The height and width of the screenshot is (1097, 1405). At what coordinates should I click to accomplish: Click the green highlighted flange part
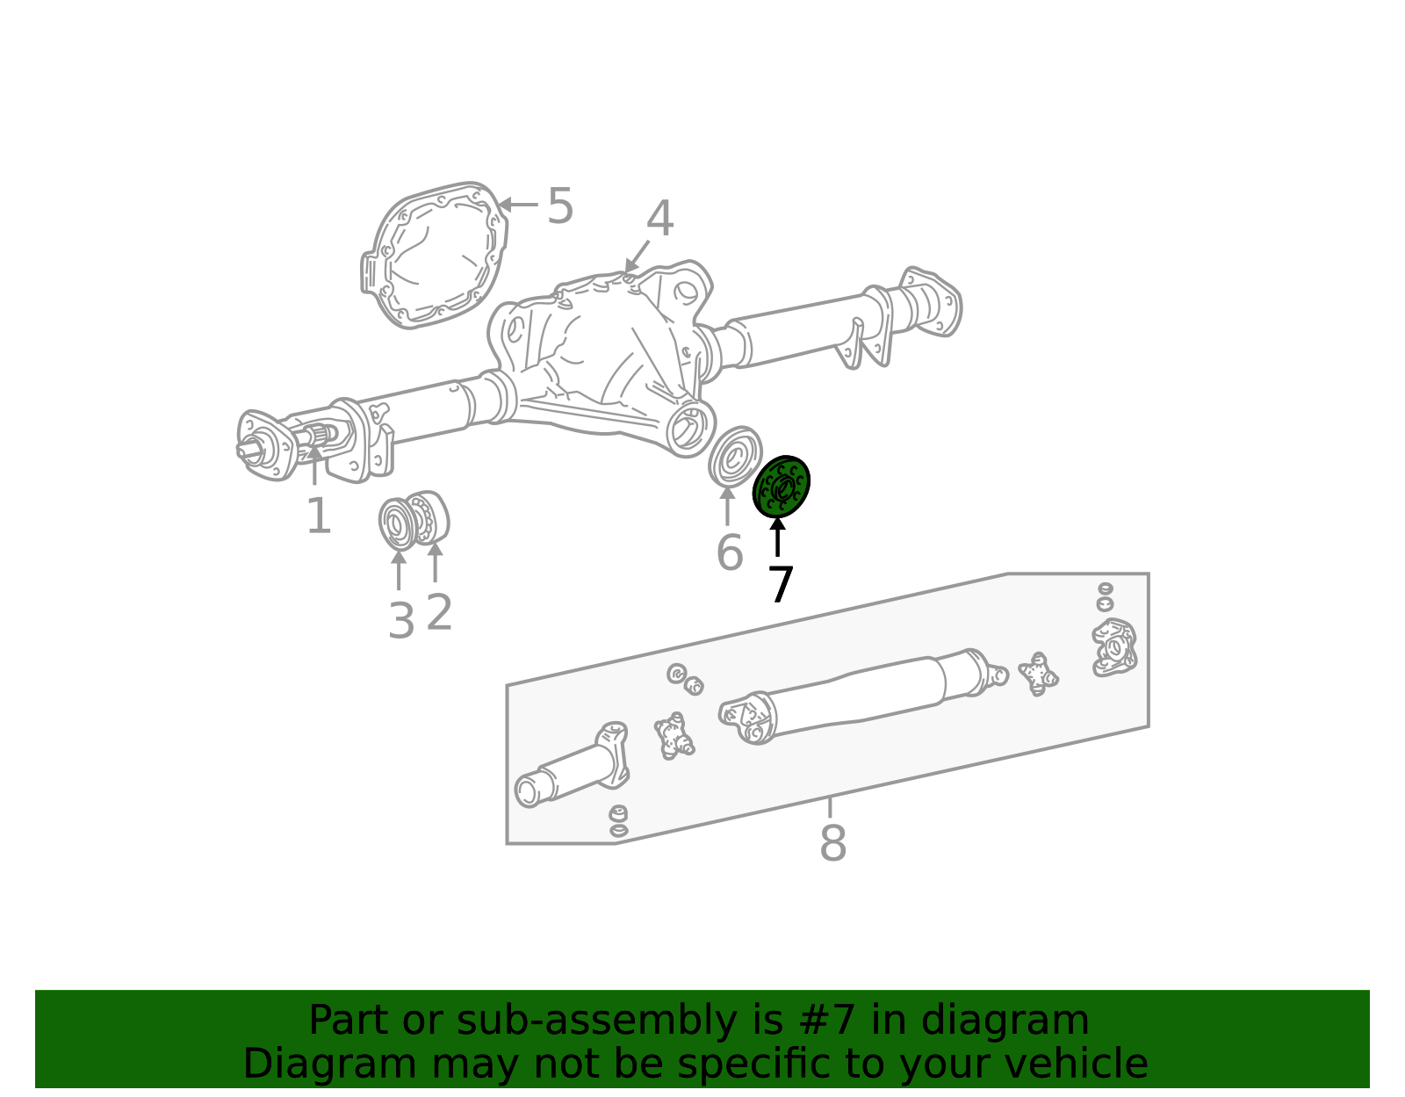[781, 487]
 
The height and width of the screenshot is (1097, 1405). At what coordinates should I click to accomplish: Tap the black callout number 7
[780, 585]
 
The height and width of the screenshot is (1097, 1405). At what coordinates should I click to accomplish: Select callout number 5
[559, 207]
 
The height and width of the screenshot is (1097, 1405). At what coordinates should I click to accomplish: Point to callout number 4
[659, 220]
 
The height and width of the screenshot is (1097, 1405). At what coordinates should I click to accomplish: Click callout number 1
[318, 516]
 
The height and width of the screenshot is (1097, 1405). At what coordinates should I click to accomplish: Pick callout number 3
[400, 621]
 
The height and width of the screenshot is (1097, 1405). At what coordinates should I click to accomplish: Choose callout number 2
[439, 612]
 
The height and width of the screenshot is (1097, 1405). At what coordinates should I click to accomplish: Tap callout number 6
[729, 553]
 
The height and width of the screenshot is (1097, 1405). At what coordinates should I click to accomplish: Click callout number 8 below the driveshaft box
[832, 843]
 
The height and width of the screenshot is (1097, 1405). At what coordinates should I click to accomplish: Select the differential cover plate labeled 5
[435, 255]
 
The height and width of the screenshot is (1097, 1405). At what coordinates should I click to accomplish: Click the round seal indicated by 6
[734, 457]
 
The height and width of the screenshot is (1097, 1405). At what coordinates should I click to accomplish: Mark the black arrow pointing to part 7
[777, 537]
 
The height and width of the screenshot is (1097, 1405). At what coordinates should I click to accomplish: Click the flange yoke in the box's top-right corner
[1113, 648]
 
